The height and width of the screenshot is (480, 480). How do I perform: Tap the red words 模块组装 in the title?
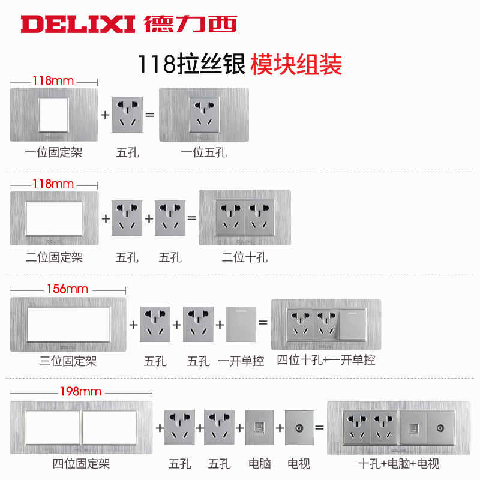[x=296, y=64]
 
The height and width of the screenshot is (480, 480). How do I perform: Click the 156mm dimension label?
[x=68, y=289]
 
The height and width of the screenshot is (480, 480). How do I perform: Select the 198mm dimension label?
[x=80, y=392]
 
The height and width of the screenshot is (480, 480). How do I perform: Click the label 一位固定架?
[x=54, y=152]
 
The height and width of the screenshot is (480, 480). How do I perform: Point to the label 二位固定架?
[x=54, y=257]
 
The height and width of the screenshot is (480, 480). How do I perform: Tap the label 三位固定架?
[x=68, y=361]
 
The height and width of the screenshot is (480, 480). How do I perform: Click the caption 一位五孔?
[x=204, y=152]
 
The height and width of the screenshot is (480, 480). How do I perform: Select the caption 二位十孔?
[x=245, y=257]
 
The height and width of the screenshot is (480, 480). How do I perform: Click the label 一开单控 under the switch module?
[x=241, y=361]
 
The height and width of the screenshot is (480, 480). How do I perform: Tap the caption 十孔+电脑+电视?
[x=398, y=464]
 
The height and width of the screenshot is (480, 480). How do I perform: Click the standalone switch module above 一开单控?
[x=241, y=324]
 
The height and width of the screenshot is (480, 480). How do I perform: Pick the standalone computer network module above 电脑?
[x=259, y=427]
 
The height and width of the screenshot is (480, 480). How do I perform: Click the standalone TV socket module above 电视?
[x=299, y=427]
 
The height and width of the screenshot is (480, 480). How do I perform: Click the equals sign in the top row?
[x=151, y=114]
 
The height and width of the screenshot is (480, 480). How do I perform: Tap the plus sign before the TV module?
[x=280, y=428]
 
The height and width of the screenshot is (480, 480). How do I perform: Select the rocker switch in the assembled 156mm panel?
[x=353, y=325]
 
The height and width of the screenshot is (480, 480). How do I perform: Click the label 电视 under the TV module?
[x=299, y=464]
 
